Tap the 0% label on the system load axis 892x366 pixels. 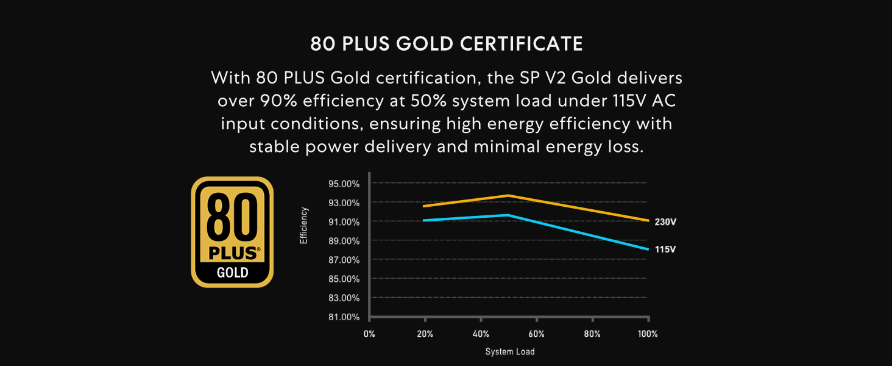(369, 334)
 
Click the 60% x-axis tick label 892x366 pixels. (536, 334)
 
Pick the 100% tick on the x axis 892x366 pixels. (648, 334)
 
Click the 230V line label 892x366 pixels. (665, 222)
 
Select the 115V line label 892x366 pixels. (665, 249)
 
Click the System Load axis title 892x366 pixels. (509, 352)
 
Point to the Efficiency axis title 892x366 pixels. (304, 226)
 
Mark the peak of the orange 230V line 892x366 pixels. (508, 195)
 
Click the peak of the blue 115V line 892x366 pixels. (508, 215)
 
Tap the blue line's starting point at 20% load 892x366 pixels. (424, 220)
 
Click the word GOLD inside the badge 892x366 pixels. (233, 272)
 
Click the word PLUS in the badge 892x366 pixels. (232, 253)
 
